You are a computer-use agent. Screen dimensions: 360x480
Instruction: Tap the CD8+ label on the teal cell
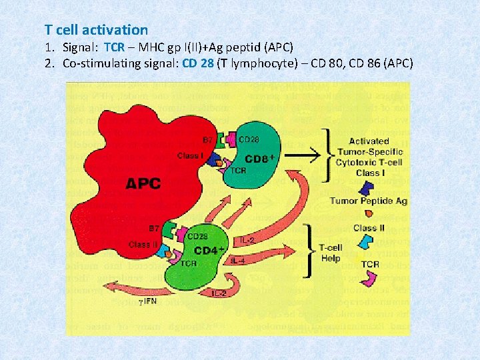click(x=261, y=159)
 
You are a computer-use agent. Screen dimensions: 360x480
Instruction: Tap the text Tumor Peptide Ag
click(x=369, y=201)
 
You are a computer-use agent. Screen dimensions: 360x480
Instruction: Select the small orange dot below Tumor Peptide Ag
click(x=369, y=214)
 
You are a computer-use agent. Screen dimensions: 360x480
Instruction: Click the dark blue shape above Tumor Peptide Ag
click(x=368, y=187)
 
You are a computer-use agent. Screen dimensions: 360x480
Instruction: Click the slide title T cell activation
click(x=97, y=30)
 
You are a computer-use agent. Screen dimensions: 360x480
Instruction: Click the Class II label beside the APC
click(x=143, y=245)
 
